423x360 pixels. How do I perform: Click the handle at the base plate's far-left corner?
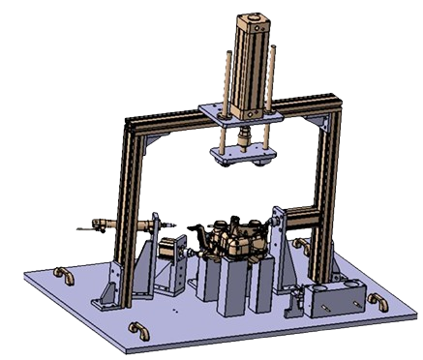coord(66,276)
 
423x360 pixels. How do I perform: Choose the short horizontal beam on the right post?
coord(308,218)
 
